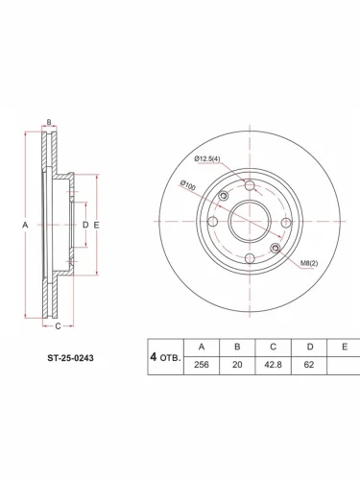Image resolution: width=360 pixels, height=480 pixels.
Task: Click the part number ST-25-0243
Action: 70,358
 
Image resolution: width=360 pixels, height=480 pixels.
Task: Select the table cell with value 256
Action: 202,365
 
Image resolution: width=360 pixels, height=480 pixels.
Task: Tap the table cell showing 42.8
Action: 273,365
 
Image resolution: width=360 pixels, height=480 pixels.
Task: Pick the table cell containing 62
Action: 309,365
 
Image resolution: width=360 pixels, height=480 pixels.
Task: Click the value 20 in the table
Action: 237,365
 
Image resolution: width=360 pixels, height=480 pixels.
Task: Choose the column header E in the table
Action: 345,348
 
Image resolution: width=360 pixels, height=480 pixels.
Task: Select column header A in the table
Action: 202,348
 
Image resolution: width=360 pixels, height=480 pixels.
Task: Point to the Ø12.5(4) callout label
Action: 207,158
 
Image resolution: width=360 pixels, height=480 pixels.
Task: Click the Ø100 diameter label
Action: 187,185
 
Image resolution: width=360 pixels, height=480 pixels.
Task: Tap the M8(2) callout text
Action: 309,264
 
